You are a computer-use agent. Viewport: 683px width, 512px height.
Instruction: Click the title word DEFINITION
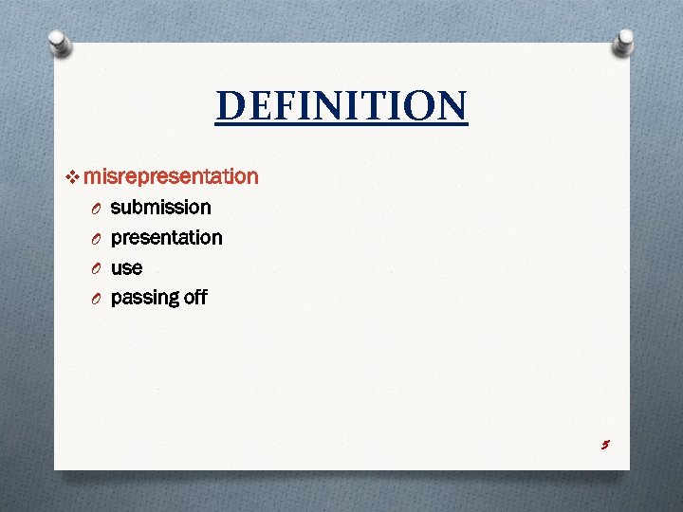pos(341,106)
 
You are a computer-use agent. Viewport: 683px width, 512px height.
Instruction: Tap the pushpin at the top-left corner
pos(59,43)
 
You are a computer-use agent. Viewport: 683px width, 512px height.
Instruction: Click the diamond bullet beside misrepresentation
pos(75,177)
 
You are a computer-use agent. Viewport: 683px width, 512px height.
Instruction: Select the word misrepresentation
pos(171,176)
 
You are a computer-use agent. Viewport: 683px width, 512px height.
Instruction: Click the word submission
pos(160,207)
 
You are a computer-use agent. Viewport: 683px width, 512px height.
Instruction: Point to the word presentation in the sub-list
pos(166,237)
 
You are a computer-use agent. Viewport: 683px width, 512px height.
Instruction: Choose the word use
pos(126,268)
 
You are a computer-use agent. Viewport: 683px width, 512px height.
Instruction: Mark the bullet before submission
pos(96,209)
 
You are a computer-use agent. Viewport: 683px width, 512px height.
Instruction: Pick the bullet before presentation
pos(96,239)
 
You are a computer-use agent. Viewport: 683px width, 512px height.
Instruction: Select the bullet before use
pos(96,269)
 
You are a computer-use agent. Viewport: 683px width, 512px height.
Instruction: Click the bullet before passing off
pos(96,300)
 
